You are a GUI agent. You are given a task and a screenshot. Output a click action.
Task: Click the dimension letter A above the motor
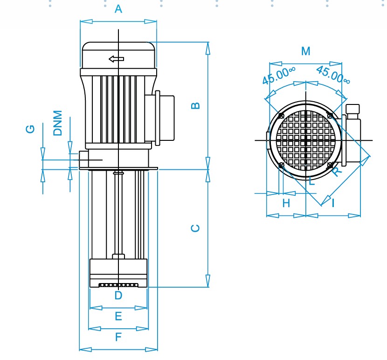pos(118,9)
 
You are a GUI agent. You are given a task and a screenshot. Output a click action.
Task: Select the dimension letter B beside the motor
pos(196,105)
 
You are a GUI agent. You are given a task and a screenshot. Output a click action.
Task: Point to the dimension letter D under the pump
pos(118,295)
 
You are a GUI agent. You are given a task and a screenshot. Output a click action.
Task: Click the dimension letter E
pos(118,317)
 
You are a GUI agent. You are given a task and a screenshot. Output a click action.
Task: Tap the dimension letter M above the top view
pos(305,51)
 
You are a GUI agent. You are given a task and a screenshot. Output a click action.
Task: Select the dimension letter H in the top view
pos(286,203)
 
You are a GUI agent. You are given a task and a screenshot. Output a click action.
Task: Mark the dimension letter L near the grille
pos(311,181)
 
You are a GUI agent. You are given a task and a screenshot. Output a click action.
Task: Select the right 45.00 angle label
pos(333,75)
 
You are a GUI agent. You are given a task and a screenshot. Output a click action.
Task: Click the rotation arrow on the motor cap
pos(117,59)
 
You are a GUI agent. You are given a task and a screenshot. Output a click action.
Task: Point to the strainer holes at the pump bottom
pos(118,285)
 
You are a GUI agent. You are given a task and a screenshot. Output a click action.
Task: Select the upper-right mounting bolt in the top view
pos(330,115)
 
